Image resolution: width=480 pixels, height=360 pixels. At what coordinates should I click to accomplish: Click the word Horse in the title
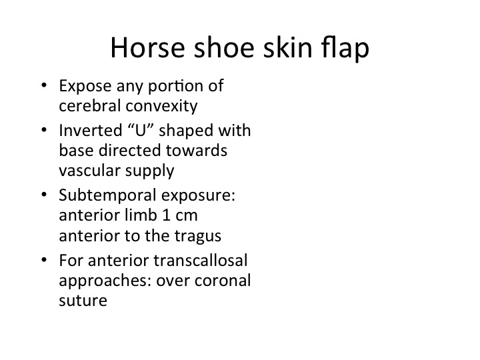pyautogui.click(x=147, y=47)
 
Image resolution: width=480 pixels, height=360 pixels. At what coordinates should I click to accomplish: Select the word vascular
pyautogui.click(x=89, y=170)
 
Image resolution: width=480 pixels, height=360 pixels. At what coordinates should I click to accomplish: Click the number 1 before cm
pyautogui.click(x=166, y=215)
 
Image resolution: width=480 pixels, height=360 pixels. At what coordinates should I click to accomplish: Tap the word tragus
pyautogui.click(x=198, y=236)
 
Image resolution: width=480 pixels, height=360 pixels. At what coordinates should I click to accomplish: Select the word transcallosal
pyautogui.click(x=201, y=261)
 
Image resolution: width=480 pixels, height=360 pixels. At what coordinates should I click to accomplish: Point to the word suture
pyautogui.click(x=83, y=301)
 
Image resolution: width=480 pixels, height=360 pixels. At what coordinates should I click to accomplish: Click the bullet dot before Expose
pyautogui.click(x=44, y=85)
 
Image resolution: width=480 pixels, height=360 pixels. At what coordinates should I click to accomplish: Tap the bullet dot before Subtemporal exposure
pyautogui.click(x=44, y=195)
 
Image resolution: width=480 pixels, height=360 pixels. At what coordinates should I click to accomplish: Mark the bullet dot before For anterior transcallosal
pyautogui.click(x=44, y=260)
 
